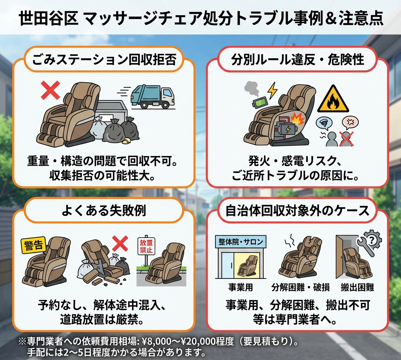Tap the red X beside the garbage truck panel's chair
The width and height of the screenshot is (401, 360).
[50, 90]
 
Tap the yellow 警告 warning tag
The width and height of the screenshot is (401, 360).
[33, 245]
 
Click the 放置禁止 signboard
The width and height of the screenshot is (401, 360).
[146, 246]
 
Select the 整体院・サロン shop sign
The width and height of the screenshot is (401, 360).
[241, 241]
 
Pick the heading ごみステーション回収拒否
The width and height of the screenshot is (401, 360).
[104, 60]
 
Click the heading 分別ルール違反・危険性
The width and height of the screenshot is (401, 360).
[298, 60]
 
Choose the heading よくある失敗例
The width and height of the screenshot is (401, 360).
[104, 211]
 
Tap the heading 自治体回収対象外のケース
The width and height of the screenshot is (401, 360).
[298, 211]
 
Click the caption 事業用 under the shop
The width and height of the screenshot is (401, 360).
[240, 288]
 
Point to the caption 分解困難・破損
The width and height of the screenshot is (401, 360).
[300, 288]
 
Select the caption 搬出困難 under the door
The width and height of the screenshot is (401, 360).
[357, 288]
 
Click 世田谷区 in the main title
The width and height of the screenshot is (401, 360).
[49, 18]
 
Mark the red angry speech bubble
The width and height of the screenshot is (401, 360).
[350, 123]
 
